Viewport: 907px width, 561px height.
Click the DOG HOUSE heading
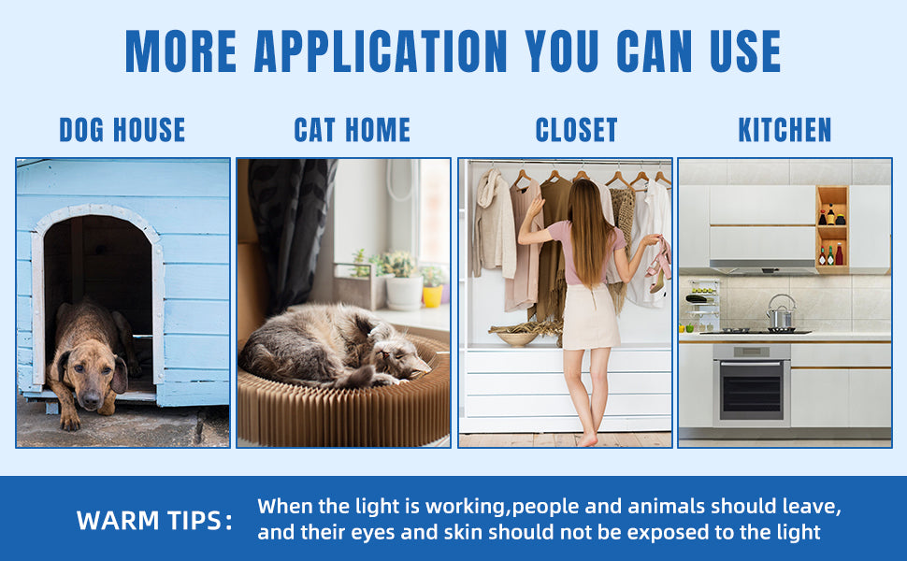click(122, 130)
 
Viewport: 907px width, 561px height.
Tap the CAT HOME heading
click(353, 130)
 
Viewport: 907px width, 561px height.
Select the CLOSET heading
click(576, 130)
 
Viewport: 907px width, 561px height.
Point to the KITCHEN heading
click(785, 130)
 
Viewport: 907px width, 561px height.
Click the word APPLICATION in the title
click(381, 51)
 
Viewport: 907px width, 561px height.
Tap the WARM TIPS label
click(154, 521)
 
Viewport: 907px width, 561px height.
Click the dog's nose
click(91, 399)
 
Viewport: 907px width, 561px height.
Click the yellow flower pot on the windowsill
click(432, 295)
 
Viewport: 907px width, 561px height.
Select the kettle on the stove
click(781, 313)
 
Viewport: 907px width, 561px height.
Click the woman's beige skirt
click(590, 317)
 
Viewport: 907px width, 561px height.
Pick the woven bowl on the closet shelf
click(518, 338)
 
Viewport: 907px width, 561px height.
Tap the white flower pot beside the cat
click(404, 293)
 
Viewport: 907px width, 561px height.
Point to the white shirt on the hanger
click(651, 243)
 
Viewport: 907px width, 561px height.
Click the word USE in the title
click(745, 51)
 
